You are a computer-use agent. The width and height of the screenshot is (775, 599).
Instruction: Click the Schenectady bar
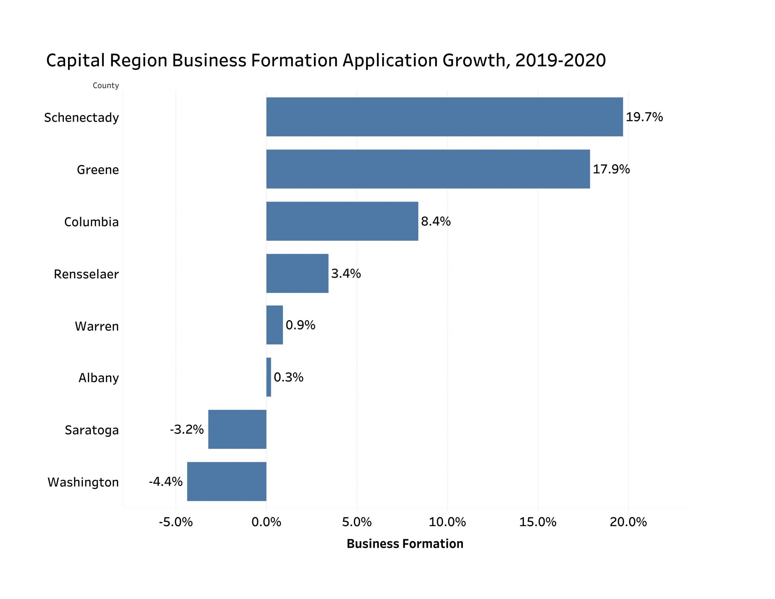click(x=444, y=117)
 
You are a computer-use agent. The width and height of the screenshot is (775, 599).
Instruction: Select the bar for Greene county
click(x=428, y=169)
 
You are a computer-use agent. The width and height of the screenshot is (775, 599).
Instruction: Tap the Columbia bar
click(x=342, y=221)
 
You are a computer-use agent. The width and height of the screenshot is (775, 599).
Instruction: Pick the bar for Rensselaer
click(x=297, y=273)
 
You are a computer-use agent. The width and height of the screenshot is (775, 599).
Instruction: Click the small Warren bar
click(x=275, y=325)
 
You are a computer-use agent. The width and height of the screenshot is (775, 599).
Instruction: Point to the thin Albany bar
click(x=269, y=377)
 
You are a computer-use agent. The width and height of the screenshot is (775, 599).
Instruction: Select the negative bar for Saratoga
click(x=237, y=429)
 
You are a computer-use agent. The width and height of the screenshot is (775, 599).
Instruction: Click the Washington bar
click(x=226, y=482)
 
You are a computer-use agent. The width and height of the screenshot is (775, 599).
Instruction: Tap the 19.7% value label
click(x=644, y=117)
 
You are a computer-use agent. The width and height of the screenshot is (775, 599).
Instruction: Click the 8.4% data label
click(x=436, y=221)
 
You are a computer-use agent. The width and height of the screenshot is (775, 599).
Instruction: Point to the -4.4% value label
click(x=166, y=482)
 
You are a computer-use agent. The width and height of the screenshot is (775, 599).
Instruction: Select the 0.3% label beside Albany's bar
click(x=289, y=377)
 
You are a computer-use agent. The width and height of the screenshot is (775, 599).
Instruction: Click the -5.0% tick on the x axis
click(x=176, y=522)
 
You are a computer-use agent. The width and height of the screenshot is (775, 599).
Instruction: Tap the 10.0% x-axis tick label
click(x=447, y=522)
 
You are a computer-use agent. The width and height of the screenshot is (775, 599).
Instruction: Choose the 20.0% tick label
click(x=628, y=522)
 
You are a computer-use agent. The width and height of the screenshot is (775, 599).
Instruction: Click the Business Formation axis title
click(x=405, y=544)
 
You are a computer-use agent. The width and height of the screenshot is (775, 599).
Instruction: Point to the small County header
click(x=106, y=86)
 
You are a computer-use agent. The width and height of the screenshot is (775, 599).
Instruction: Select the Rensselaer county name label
click(x=86, y=274)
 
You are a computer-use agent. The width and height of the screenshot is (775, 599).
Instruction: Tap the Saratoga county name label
click(x=91, y=430)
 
